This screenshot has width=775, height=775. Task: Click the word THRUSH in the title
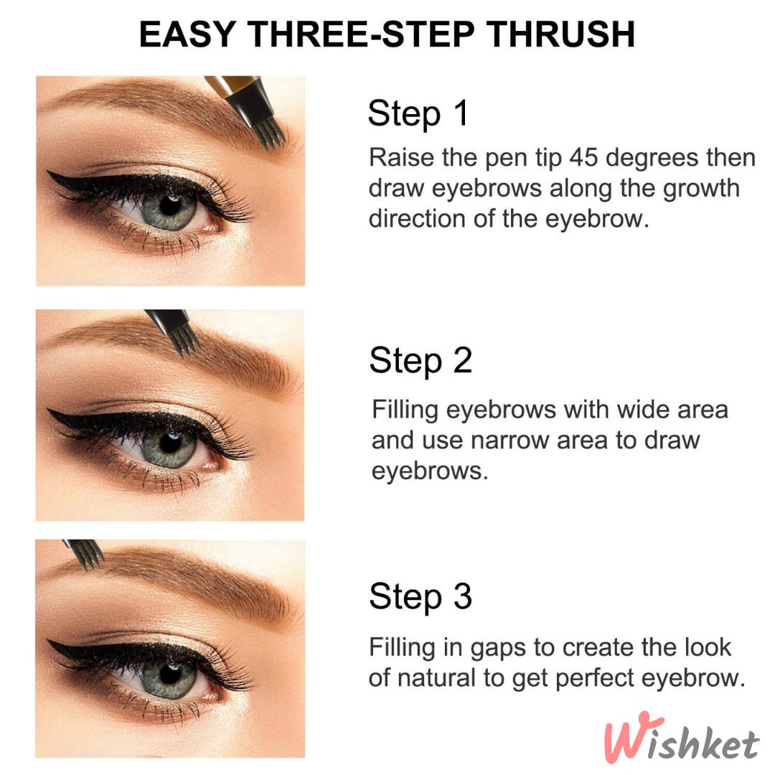pyautogui.click(x=561, y=34)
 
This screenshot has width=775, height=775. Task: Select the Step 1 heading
pyautogui.click(x=418, y=113)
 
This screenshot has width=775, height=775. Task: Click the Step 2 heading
pyautogui.click(x=421, y=361)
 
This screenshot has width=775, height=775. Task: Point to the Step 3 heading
pyautogui.click(x=421, y=596)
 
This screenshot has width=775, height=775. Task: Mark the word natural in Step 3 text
pyautogui.click(x=436, y=677)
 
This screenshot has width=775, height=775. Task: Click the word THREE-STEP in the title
pyautogui.click(x=361, y=34)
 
